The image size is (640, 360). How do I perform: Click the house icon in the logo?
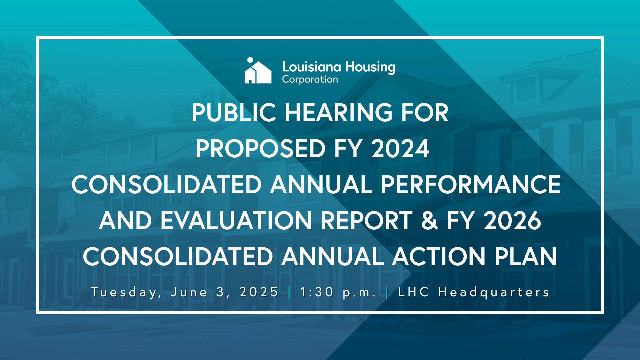pyautogui.click(x=258, y=72)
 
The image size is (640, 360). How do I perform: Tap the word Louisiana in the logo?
pyautogui.click(x=311, y=67)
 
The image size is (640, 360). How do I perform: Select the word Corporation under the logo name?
pyautogui.click(x=310, y=80)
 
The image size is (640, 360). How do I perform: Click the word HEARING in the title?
pyautogui.click(x=338, y=113)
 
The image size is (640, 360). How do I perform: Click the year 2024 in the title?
pyautogui.click(x=400, y=149)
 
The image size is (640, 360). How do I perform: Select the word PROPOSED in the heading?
pyautogui.click(x=260, y=149)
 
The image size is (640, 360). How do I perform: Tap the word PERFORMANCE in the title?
pyautogui.click(x=471, y=185)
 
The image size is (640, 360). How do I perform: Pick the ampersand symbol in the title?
pyautogui.click(x=429, y=221)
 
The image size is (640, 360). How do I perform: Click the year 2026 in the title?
pyautogui.click(x=512, y=221)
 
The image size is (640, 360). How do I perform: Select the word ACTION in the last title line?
pyautogui.click(x=439, y=257)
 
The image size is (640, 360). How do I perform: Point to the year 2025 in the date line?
pyautogui.click(x=259, y=292)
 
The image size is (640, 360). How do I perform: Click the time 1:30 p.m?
pyautogui.click(x=338, y=292)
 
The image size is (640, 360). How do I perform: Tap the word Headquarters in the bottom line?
pyautogui.click(x=494, y=292)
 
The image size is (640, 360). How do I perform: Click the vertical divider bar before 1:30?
pyautogui.click(x=289, y=293)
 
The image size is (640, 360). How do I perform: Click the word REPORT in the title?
pyautogui.click(x=367, y=221)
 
